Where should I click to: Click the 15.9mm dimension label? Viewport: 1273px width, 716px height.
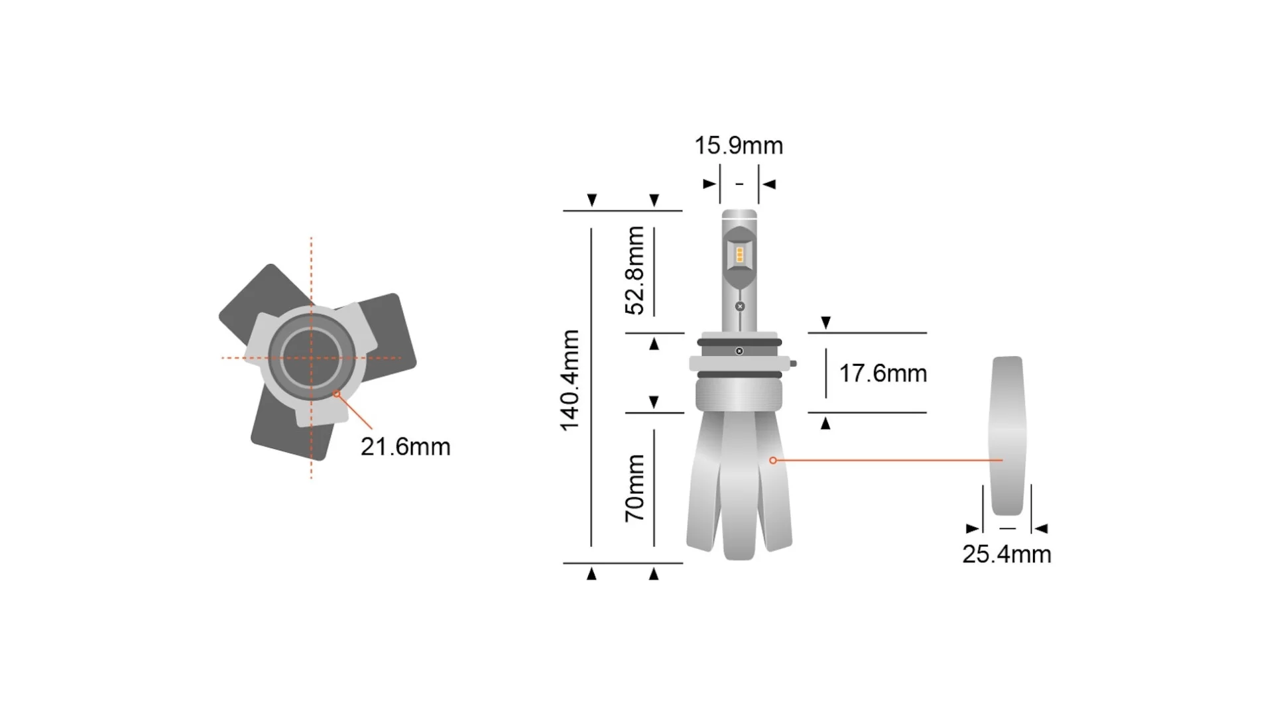(738, 146)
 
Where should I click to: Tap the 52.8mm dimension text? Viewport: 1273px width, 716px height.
(635, 270)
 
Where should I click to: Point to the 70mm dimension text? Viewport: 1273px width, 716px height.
(635, 489)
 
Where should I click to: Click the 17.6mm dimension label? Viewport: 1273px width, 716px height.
(882, 373)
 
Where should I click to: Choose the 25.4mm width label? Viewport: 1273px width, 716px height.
(1006, 554)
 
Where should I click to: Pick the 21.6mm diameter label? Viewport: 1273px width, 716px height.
(405, 447)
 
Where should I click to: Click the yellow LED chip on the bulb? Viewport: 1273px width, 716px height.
(739, 255)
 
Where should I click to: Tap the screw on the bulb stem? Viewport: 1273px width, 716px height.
(740, 306)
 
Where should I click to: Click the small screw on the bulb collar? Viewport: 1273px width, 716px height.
(739, 351)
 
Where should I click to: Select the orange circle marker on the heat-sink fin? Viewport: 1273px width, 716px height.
(772, 460)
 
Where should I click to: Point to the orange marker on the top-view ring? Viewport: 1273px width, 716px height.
(337, 394)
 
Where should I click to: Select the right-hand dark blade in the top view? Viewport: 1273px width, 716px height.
(391, 331)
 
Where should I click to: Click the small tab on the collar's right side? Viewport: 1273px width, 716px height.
(793, 363)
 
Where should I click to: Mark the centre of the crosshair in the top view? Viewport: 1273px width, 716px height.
(311, 358)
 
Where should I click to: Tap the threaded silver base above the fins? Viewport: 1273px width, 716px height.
(739, 394)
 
